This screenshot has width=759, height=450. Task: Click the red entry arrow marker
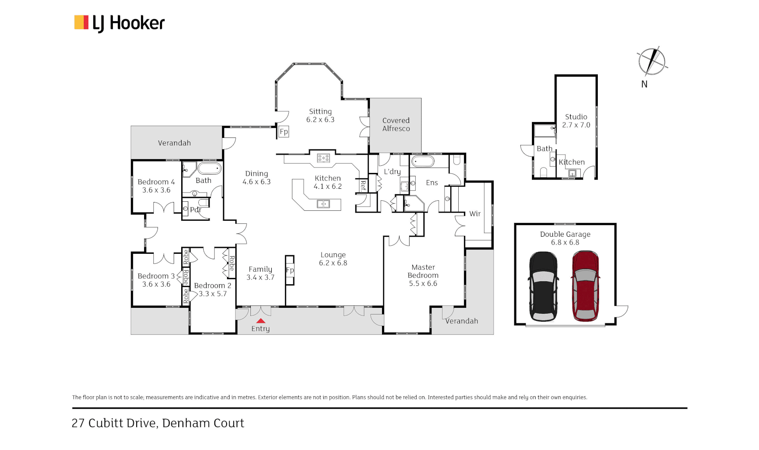coord(260,321)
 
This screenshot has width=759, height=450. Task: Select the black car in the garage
coord(543,287)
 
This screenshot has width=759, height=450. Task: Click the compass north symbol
coord(652,62)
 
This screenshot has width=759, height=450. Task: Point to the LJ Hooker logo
coord(120,23)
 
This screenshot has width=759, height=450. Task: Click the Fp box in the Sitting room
coord(284,132)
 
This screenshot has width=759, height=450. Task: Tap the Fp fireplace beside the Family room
coord(290,270)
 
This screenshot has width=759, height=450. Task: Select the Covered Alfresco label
coord(396,125)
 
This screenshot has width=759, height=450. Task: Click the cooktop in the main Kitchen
coord(324,158)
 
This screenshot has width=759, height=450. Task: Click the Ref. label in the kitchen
coord(363,185)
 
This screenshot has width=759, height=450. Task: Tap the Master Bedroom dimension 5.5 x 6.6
coord(423,283)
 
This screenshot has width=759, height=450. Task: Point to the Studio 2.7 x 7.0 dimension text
coord(576,125)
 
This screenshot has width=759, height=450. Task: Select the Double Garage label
coord(565,234)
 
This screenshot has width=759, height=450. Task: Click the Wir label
coord(475,214)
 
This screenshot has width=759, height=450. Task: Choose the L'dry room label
coord(392,172)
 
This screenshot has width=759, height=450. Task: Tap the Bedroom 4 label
coord(156,182)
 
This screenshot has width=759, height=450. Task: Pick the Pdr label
coord(195,210)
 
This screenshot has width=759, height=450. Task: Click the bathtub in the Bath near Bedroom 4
coord(209,169)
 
